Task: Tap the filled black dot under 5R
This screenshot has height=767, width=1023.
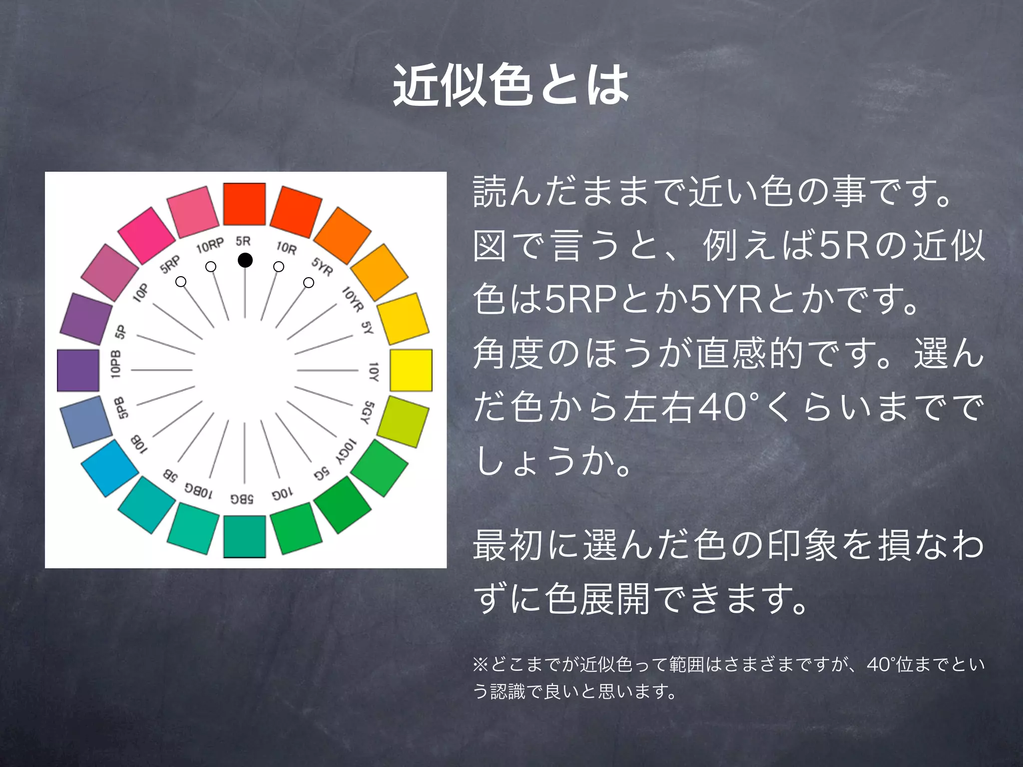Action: pos(245,260)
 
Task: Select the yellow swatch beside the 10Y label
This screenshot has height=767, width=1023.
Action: pos(411,370)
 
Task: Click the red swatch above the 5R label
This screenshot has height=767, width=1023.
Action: pos(244,204)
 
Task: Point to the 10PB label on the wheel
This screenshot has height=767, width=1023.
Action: pos(115,364)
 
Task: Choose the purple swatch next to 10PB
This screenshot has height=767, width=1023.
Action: pos(78,370)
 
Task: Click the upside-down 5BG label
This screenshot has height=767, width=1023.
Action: pos(242,498)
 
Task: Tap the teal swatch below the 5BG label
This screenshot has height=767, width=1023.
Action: pos(244,536)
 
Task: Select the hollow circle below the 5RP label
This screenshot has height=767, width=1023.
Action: pos(181,282)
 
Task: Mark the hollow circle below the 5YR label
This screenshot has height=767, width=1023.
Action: pos(309,283)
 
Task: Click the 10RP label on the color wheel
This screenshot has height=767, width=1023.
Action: pos(209,245)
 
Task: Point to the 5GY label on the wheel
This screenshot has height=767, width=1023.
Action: pos(368,412)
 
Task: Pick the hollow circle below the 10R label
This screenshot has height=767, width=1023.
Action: pos(279,267)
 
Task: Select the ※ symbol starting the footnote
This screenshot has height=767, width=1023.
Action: pos(481,665)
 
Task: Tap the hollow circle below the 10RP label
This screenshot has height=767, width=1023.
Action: pos(211,267)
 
